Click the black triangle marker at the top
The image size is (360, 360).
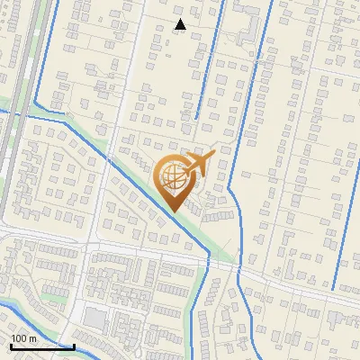tap(181, 24)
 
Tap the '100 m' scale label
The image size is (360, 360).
tap(23, 338)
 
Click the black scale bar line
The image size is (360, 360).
tap(41, 346)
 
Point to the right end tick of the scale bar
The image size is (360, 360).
tap(74, 345)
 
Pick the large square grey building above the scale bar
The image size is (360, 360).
tap(94, 319)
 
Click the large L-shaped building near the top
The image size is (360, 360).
tap(245, 34)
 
